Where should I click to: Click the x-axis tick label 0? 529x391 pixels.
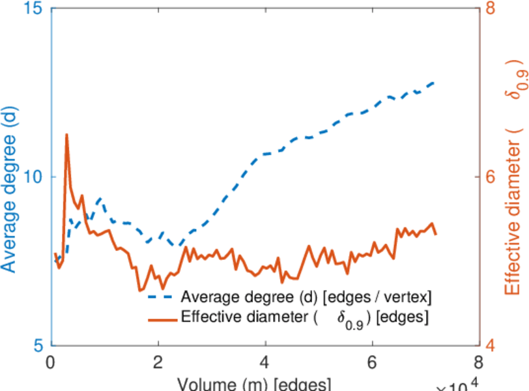click(x=51, y=362)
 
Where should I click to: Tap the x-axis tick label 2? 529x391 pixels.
click(x=158, y=362)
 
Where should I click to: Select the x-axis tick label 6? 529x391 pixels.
click(x=371, y=362)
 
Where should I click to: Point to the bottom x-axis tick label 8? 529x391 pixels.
click(x=478, y=362)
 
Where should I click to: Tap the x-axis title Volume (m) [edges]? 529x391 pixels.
click(x=254, y=384)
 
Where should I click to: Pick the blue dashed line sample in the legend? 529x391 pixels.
click(x=163, y=297)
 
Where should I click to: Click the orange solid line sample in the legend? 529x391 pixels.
click(x=163, y=319)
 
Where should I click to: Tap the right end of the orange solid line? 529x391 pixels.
click(x=435, y=234)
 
